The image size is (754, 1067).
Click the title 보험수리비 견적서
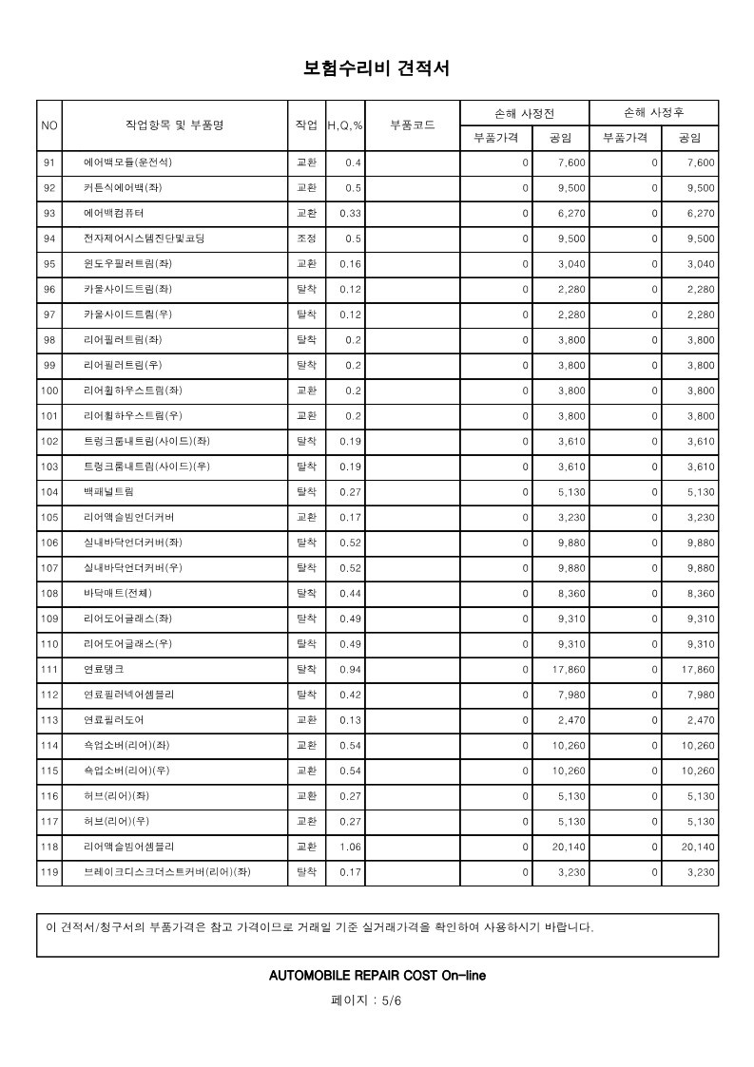point(376,68)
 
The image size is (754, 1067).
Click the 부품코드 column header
point(413,125)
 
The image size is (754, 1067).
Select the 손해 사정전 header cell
point(524,113)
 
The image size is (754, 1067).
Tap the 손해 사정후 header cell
point(653,113)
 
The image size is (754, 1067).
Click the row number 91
point(50,162)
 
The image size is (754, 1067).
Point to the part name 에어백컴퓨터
point(114,213)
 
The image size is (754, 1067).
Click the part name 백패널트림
point(108,492)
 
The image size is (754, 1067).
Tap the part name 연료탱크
point(103,670)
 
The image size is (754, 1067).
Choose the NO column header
point(49,125)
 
